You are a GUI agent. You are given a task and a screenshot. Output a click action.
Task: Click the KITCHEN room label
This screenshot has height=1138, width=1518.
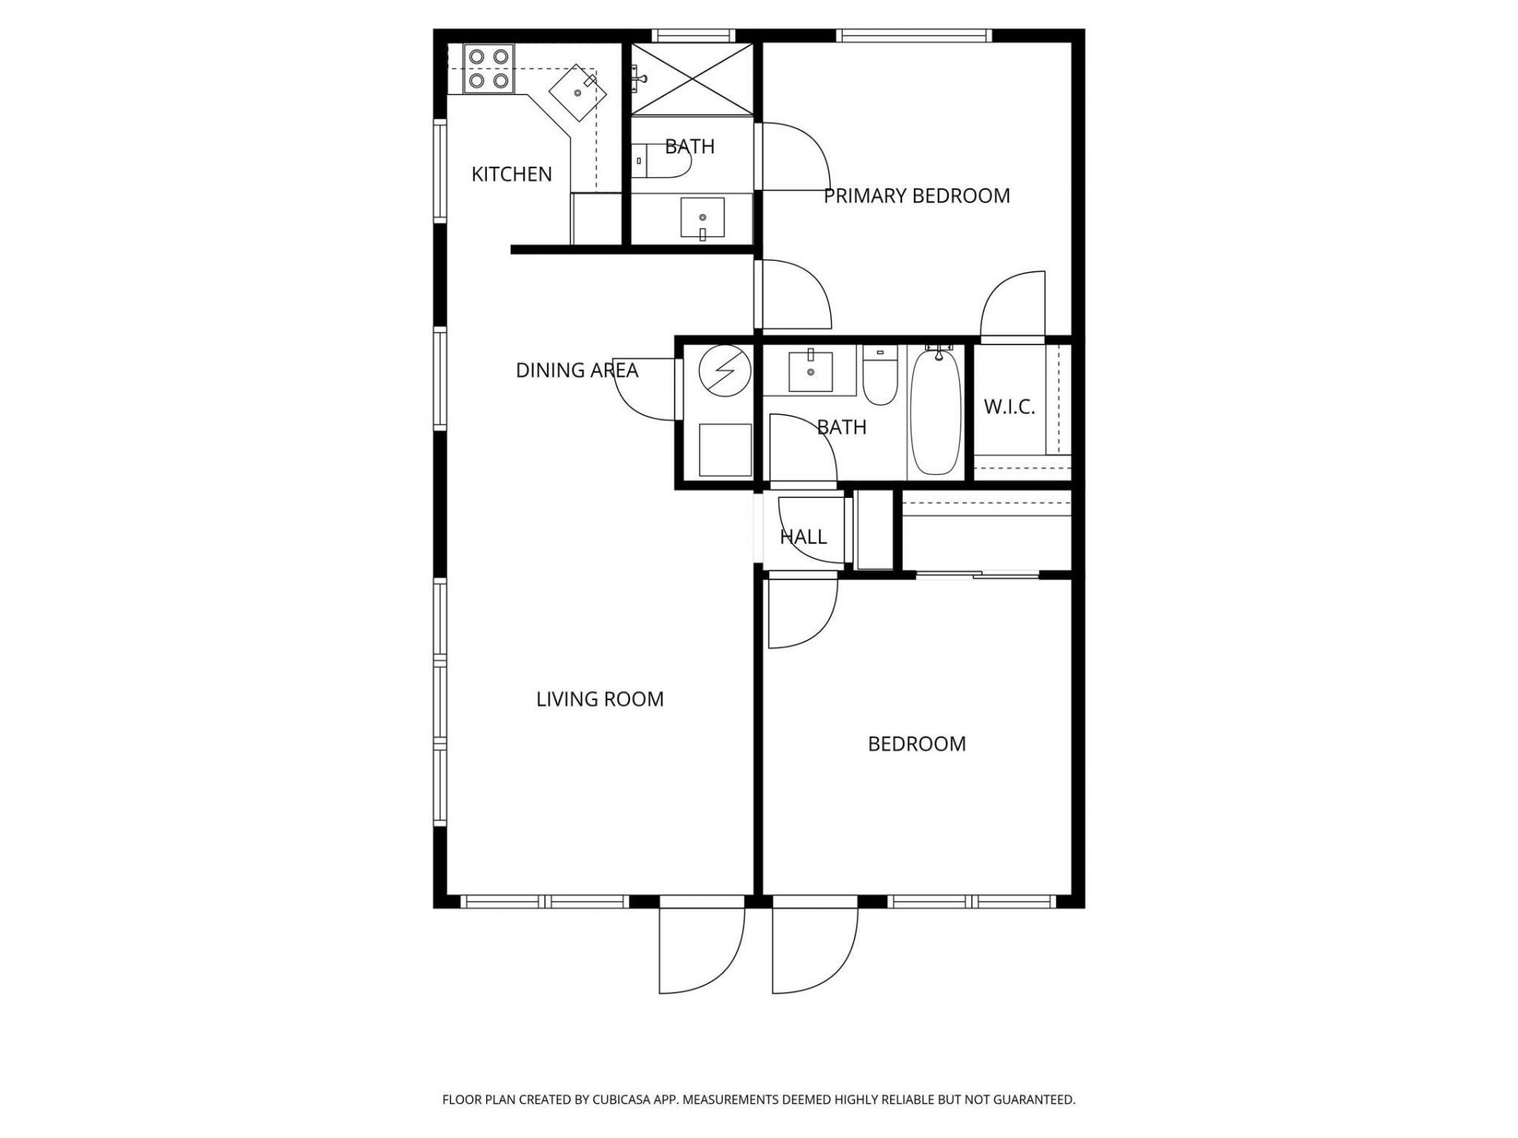[x=512, y=174]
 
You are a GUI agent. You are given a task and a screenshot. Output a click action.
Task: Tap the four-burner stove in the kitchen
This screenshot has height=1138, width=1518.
[x=489, y=68]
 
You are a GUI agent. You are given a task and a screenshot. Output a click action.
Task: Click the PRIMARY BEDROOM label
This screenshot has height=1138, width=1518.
[x=916, y=195]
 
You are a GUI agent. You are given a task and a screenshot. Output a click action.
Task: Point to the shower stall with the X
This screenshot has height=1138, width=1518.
[x=692, y=78]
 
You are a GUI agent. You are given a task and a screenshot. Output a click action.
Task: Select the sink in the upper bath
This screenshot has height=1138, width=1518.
[x=702, y=218]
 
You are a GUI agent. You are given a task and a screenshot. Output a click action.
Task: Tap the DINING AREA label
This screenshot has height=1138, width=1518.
[x=576, y=370]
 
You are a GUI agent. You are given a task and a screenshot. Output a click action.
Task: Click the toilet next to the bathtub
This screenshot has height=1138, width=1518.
[x=878, y=378]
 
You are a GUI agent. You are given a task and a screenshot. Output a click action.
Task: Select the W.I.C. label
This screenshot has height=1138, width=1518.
[x=1009, y=407]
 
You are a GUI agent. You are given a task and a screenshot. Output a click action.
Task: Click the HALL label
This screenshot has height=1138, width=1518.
[x=803, y=537]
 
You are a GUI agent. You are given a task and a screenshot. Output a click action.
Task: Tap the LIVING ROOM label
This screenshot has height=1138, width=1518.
[x=599, y=699]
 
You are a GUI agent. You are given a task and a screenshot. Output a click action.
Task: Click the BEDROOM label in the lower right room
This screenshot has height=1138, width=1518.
[x=916, y=744]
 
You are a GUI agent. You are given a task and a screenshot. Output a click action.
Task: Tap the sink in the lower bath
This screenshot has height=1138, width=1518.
[x=810, y=371]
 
